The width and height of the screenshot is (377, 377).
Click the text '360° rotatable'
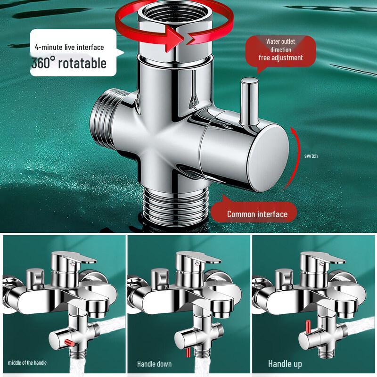click(x=69, y=63)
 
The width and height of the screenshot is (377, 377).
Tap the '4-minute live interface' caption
click(x=69, y=47)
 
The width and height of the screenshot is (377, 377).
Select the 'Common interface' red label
click(x=257, y=214)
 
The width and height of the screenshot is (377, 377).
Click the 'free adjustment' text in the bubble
click(x=280, y=58)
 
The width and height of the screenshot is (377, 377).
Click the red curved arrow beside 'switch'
click(x=295, y=158)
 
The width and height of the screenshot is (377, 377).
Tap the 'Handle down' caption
click(x=154, y=364)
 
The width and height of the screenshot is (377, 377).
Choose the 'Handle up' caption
click(x=285, y=364)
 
